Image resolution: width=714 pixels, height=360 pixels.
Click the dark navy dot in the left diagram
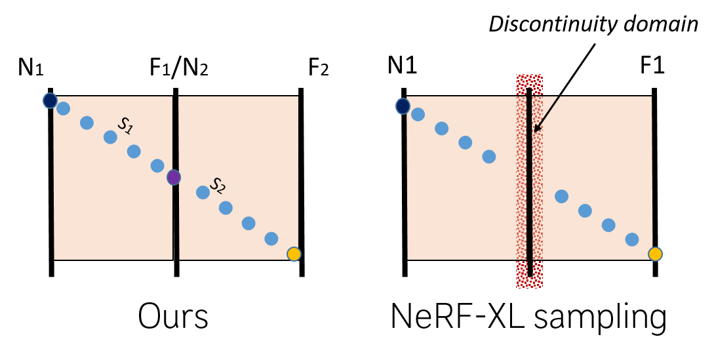pyautogui.click(x=50, y=100)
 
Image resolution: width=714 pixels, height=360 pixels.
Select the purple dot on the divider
pyautogui.click(x=174, y=177)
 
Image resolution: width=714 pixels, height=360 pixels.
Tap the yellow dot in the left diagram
pyautogui.click(x=294, y=254)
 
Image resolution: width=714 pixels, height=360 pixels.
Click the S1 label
pyautogui.click(x=125, y=125)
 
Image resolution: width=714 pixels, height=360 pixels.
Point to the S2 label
pyautogui.click(x=218, y=186)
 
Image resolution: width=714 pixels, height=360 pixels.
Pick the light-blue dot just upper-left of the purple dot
pyautogui.click(x=157, y=165)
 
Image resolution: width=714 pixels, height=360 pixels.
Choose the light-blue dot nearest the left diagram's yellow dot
pyautogui.click(x=271, y=239)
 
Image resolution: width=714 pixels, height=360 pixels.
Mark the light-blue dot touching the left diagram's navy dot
pyautogui.click(x=63, y=108)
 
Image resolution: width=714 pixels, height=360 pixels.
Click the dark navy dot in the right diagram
pyautogui.click(x=403, y=106)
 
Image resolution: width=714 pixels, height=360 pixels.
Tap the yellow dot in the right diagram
pyautogui.click(x=655, y=254)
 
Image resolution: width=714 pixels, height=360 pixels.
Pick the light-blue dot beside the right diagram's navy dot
pyautogui.click(x=418, y=114)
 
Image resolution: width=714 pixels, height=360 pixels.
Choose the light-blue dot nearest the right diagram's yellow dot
pyautogui.click(x=632, y=239)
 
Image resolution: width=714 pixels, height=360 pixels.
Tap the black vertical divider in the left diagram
pyautogui.click(x=176, y=223)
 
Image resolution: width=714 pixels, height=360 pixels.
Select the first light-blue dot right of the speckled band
pyautogui.click(x=561, y=196)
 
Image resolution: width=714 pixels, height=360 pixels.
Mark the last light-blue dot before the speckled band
pyautogui.click(x=489, y=157)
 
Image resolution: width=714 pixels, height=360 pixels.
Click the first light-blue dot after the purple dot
pyautogui.click(x=203, y=192)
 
